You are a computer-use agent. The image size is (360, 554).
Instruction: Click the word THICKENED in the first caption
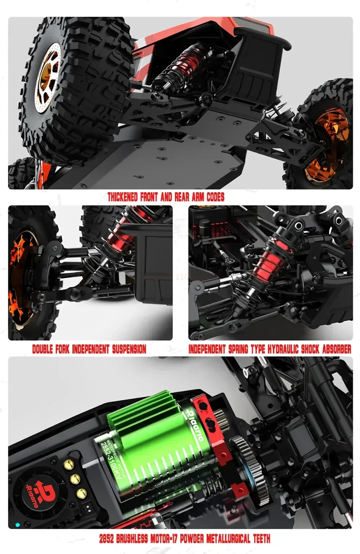point(122,197)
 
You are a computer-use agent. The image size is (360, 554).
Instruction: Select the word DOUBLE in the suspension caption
point(43,349)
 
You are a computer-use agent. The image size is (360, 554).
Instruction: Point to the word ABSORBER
point(336,349)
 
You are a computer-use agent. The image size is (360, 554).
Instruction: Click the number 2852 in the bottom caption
point(107,539)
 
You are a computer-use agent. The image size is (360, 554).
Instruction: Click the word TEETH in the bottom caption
point(261,539)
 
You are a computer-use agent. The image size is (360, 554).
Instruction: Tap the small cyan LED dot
point(18,525)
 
